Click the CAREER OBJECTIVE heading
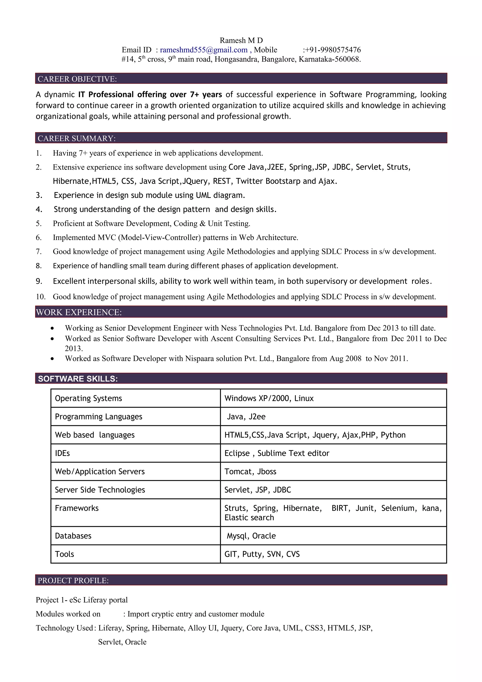click(77, 79)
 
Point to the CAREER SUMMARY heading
click(77, 138)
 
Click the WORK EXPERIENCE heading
click(79, 312)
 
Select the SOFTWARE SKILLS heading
click(78, 379)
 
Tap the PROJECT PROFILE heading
click(73, 580)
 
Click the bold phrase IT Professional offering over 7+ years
click(150, 94)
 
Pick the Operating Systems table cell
click(88, 398)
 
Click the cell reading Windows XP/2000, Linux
click(269, 398)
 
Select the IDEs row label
click(62, 453)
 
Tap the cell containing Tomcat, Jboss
click(250, 472)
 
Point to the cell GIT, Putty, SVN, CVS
click(262, 554)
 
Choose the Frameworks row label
click(77, 508)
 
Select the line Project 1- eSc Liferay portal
click(82, 600)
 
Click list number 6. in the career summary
click(39, 238)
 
